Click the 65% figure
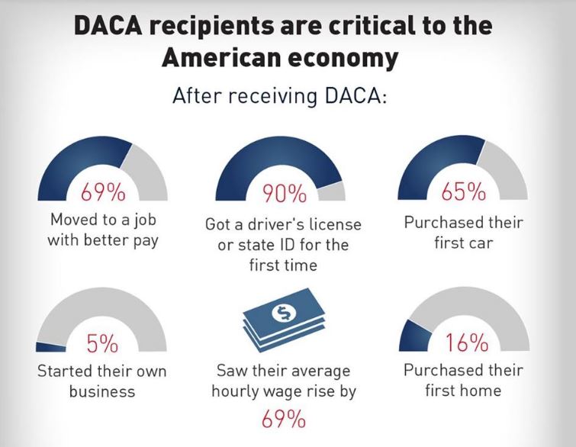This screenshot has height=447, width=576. click(x=464, y=191)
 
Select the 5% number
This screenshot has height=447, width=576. click(x=101, y=345)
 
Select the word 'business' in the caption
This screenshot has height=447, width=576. click(x=101, y=391)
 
